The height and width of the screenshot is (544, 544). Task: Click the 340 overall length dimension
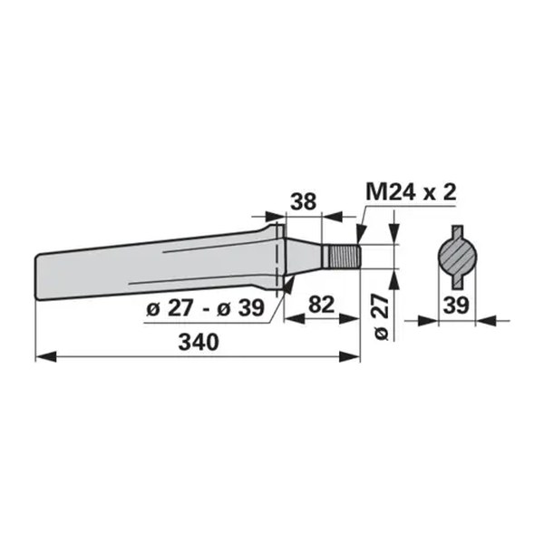[199, 342]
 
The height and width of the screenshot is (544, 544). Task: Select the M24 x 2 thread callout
[411, 192]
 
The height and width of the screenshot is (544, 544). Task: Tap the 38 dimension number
[303, 201]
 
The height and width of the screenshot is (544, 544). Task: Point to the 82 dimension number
[321, 305]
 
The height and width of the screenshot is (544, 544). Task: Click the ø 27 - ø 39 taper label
[206, 307]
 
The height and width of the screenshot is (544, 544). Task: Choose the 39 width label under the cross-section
[456, 306]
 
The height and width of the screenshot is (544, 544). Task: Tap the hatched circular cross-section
[457, 257]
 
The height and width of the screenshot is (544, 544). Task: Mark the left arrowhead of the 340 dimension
[46, 356]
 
